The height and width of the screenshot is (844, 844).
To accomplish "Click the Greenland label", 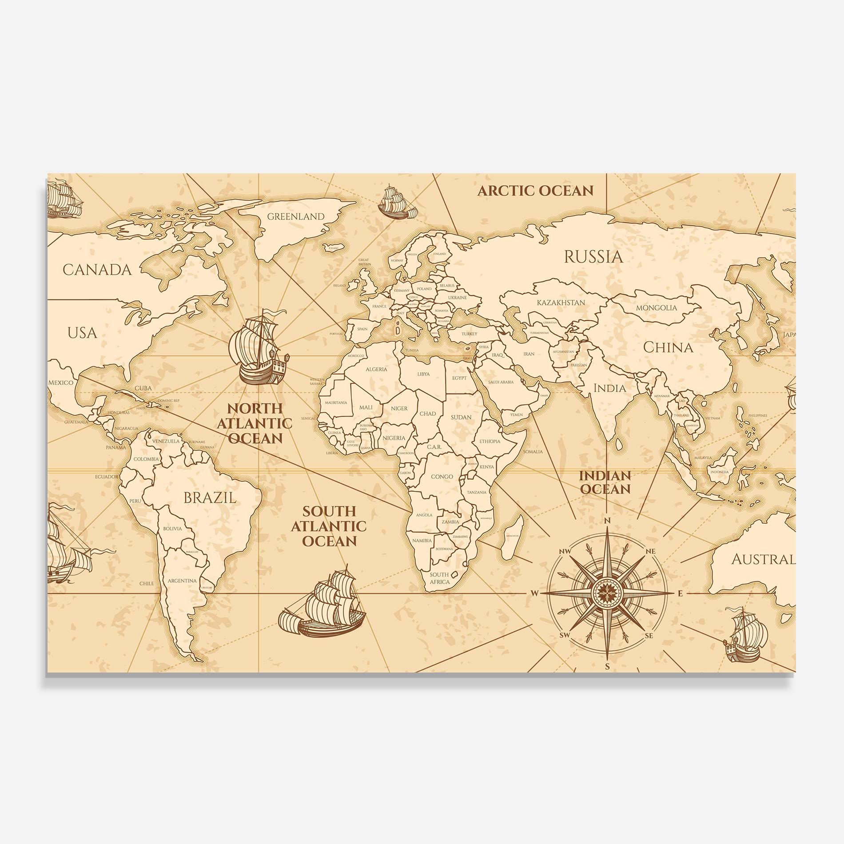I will (296, 217).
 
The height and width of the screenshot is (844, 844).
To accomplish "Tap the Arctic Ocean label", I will (535, 191).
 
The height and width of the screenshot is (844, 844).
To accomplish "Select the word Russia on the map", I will (593, 257).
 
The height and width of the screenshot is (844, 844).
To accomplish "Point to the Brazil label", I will (210, 498).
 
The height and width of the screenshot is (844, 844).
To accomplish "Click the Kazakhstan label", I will (561, 303).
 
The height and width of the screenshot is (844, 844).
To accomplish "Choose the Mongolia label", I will (657, 308).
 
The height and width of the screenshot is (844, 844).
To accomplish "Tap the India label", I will (610, 388).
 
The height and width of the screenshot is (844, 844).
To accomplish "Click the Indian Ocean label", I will (605, 482).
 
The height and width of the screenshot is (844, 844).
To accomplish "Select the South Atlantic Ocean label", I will (329, 526).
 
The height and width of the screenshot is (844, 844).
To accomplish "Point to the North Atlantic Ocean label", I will (254, 423).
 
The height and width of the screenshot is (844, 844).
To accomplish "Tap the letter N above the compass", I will (608, 521).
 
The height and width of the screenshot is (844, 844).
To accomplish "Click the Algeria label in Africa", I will (376, 369).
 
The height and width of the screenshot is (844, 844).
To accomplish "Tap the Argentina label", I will (182, 581).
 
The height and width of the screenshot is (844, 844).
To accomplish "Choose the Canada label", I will (97, 270).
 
